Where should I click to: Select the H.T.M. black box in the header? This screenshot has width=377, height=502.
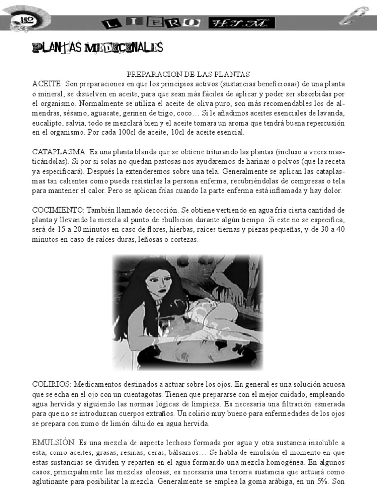coord(242,23)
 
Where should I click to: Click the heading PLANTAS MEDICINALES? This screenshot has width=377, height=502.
coord(97,48)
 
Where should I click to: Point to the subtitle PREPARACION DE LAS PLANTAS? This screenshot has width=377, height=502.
coord(188,74)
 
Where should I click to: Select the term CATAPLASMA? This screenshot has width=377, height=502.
coord(59,152)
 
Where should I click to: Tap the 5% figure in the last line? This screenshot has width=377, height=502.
coord(322,482)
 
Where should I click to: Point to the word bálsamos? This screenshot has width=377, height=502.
coord(222,452)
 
